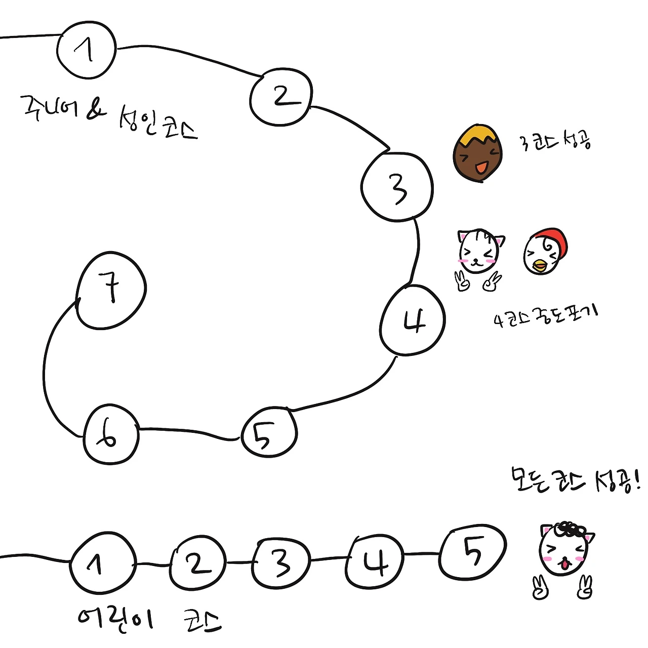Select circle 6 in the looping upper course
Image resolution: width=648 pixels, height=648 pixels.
[111, 434]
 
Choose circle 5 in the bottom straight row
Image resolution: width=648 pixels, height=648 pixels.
[473, 551]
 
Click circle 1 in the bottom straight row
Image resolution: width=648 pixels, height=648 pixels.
[103, 562]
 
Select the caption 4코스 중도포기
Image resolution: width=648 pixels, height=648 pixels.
[546, 316]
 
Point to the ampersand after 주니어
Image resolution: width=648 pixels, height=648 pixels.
[96, 108]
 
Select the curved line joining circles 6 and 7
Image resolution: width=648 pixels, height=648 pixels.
[47, 370]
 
